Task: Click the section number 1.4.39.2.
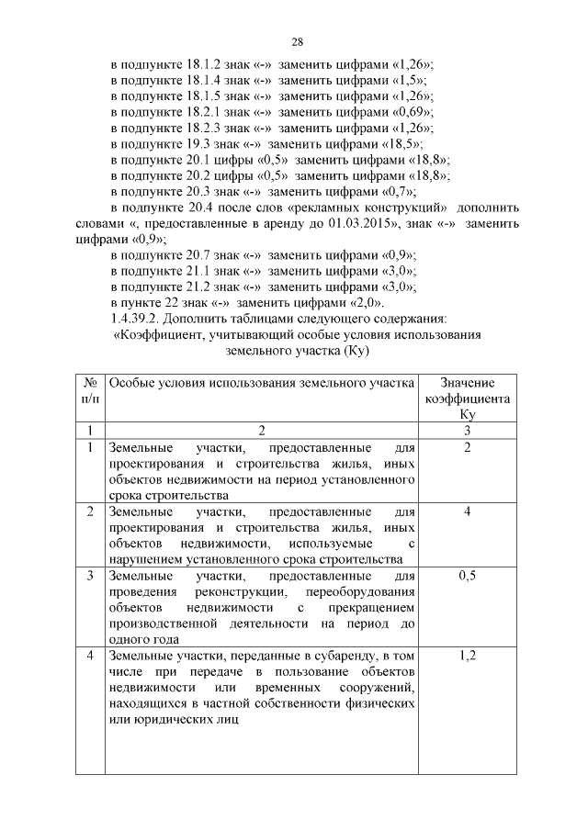[x=138, y=320]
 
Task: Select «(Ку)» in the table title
[x=354, y=352]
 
